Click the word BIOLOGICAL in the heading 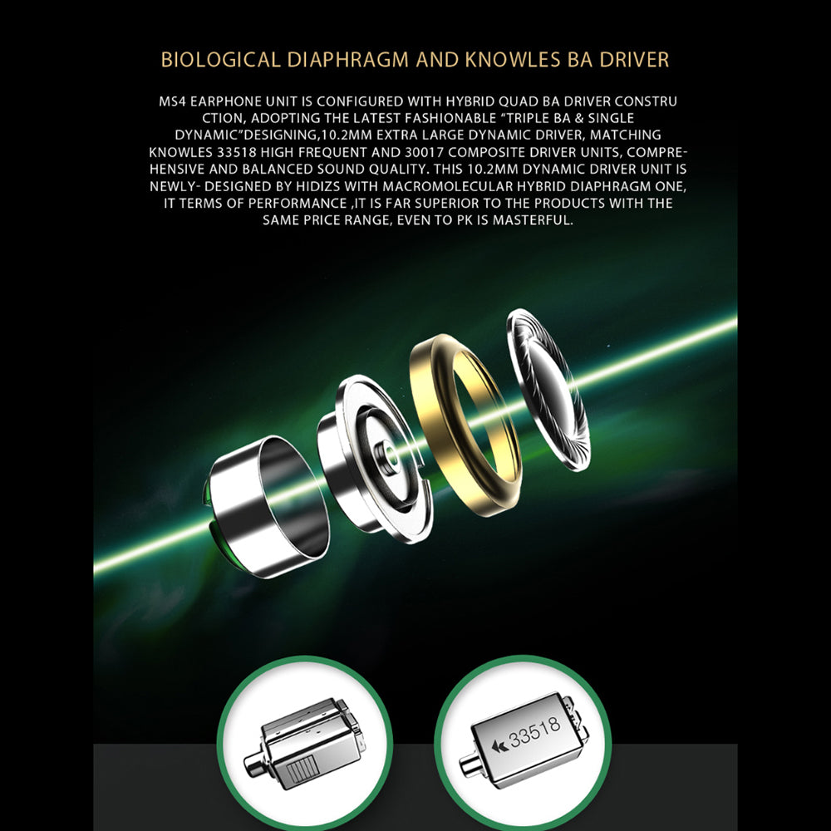(x=220, y=59)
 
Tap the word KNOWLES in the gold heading (x=513, y=59)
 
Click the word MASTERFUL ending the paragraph (x=533, y=220)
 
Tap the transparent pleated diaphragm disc (x=548, y=389)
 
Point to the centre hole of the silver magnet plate (x=388, y=455)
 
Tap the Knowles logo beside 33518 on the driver (x=499, y=746)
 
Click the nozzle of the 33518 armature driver (x=469, y=763)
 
